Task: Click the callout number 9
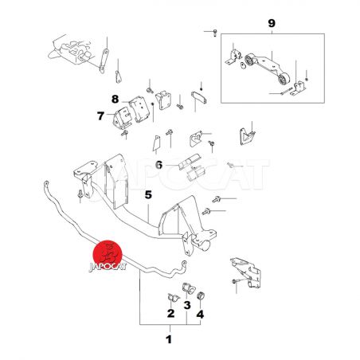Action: point(272,23)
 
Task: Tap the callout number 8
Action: point(115,100)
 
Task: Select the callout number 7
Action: point(100,116)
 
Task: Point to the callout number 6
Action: point(158,165)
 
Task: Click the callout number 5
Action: point(148,195)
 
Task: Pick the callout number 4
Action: point(200,315)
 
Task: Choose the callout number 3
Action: point(187,305)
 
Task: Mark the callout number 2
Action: point(170,314)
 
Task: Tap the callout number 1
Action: point(169,339)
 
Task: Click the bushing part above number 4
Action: point(202,295)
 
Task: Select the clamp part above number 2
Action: point(173,297)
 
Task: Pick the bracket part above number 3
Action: point(188,288)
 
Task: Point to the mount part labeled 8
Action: point(139,109)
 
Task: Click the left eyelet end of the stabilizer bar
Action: point(46,184)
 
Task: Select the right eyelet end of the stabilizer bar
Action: point(184,264)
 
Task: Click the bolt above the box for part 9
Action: point(215,33)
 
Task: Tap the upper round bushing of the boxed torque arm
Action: point(249,60)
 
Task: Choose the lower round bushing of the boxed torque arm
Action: point(284,79)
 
